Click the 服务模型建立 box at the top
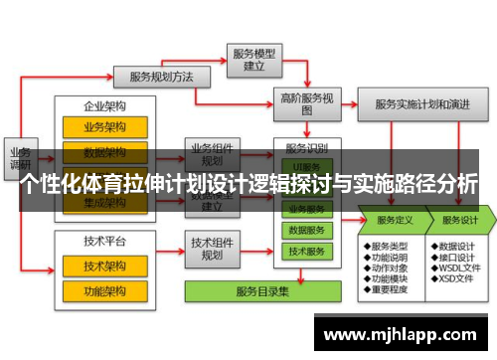point(252,59)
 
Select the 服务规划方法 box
point(161,76)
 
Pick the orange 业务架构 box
point(104,127)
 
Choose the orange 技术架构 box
point(104,267)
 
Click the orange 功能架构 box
point(104,291)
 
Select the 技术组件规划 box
point(212,249)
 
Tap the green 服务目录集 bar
point(261,291)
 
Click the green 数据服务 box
point(307,231)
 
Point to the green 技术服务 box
point(307,253)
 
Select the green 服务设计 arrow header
point(460,220)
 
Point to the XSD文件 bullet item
point(456,280)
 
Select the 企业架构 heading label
point(104,104)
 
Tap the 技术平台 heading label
point(104,242)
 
